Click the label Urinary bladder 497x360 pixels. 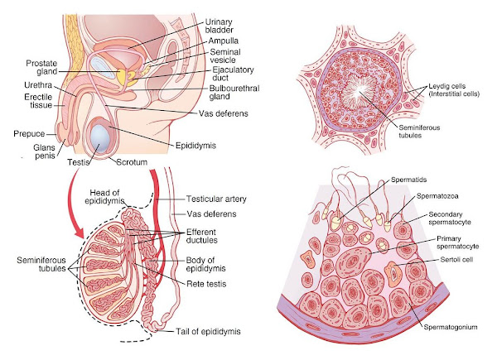[221, 26]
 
